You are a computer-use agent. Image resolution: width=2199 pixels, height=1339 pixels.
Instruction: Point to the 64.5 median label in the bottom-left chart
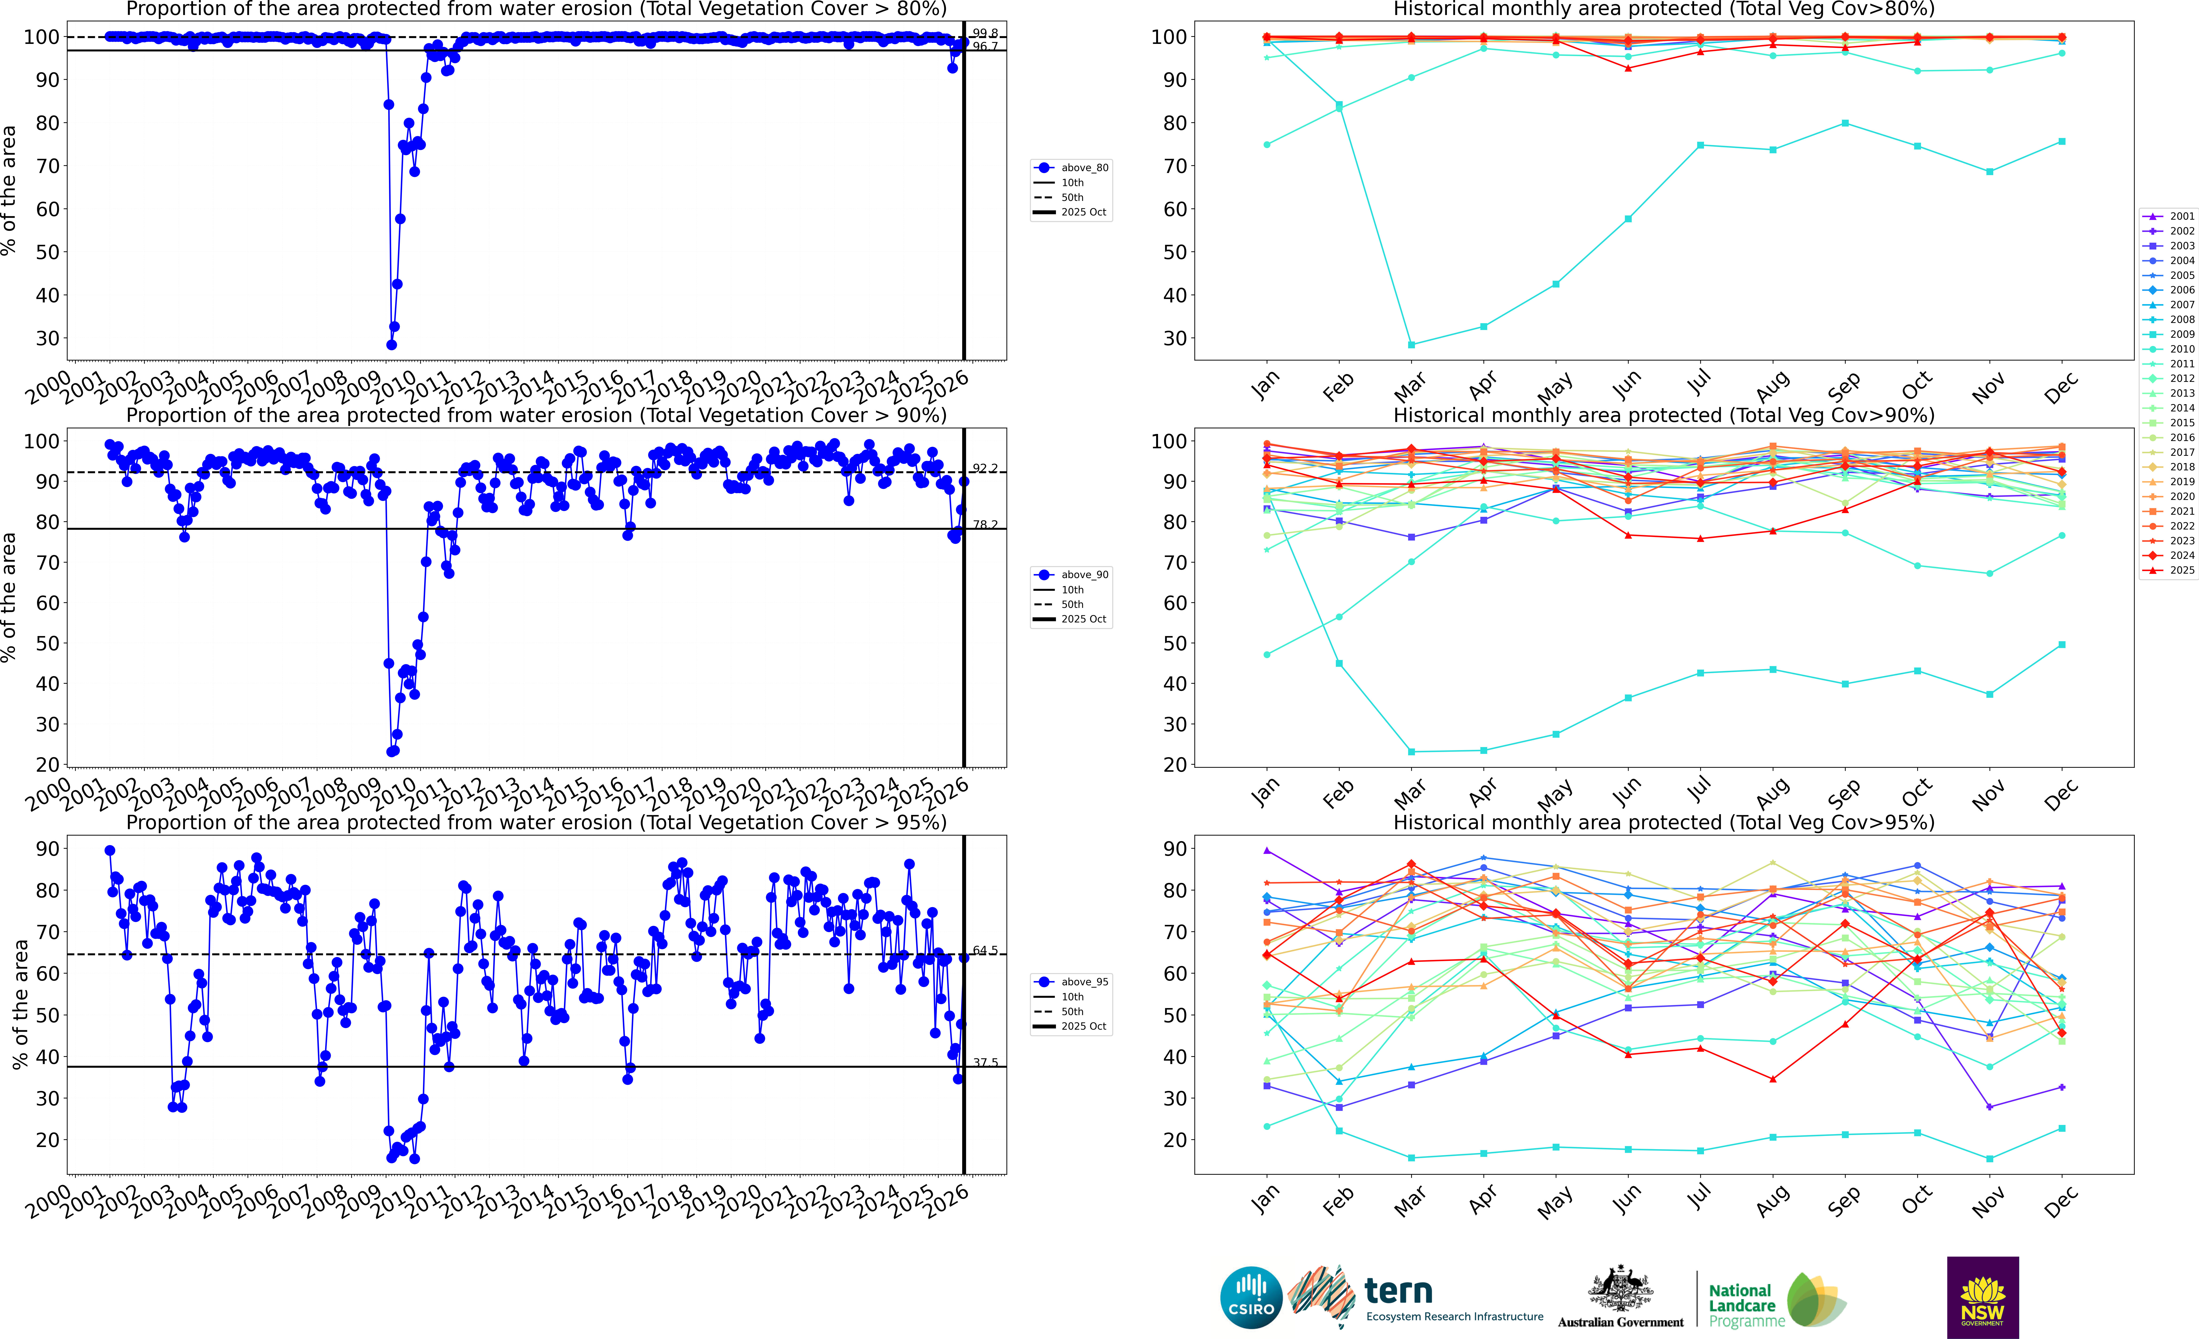point(985,951)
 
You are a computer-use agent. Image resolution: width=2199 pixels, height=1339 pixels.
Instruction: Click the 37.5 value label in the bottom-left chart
point(985,1062)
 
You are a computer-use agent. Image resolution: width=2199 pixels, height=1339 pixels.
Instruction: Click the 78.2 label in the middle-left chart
point(985,525)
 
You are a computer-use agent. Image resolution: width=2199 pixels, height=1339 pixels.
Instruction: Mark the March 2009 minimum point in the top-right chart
point(1411,345)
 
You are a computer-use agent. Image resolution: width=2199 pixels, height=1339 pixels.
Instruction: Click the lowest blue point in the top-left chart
point(391,345)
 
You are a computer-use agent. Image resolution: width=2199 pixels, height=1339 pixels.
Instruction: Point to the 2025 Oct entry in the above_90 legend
point(1083,619)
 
